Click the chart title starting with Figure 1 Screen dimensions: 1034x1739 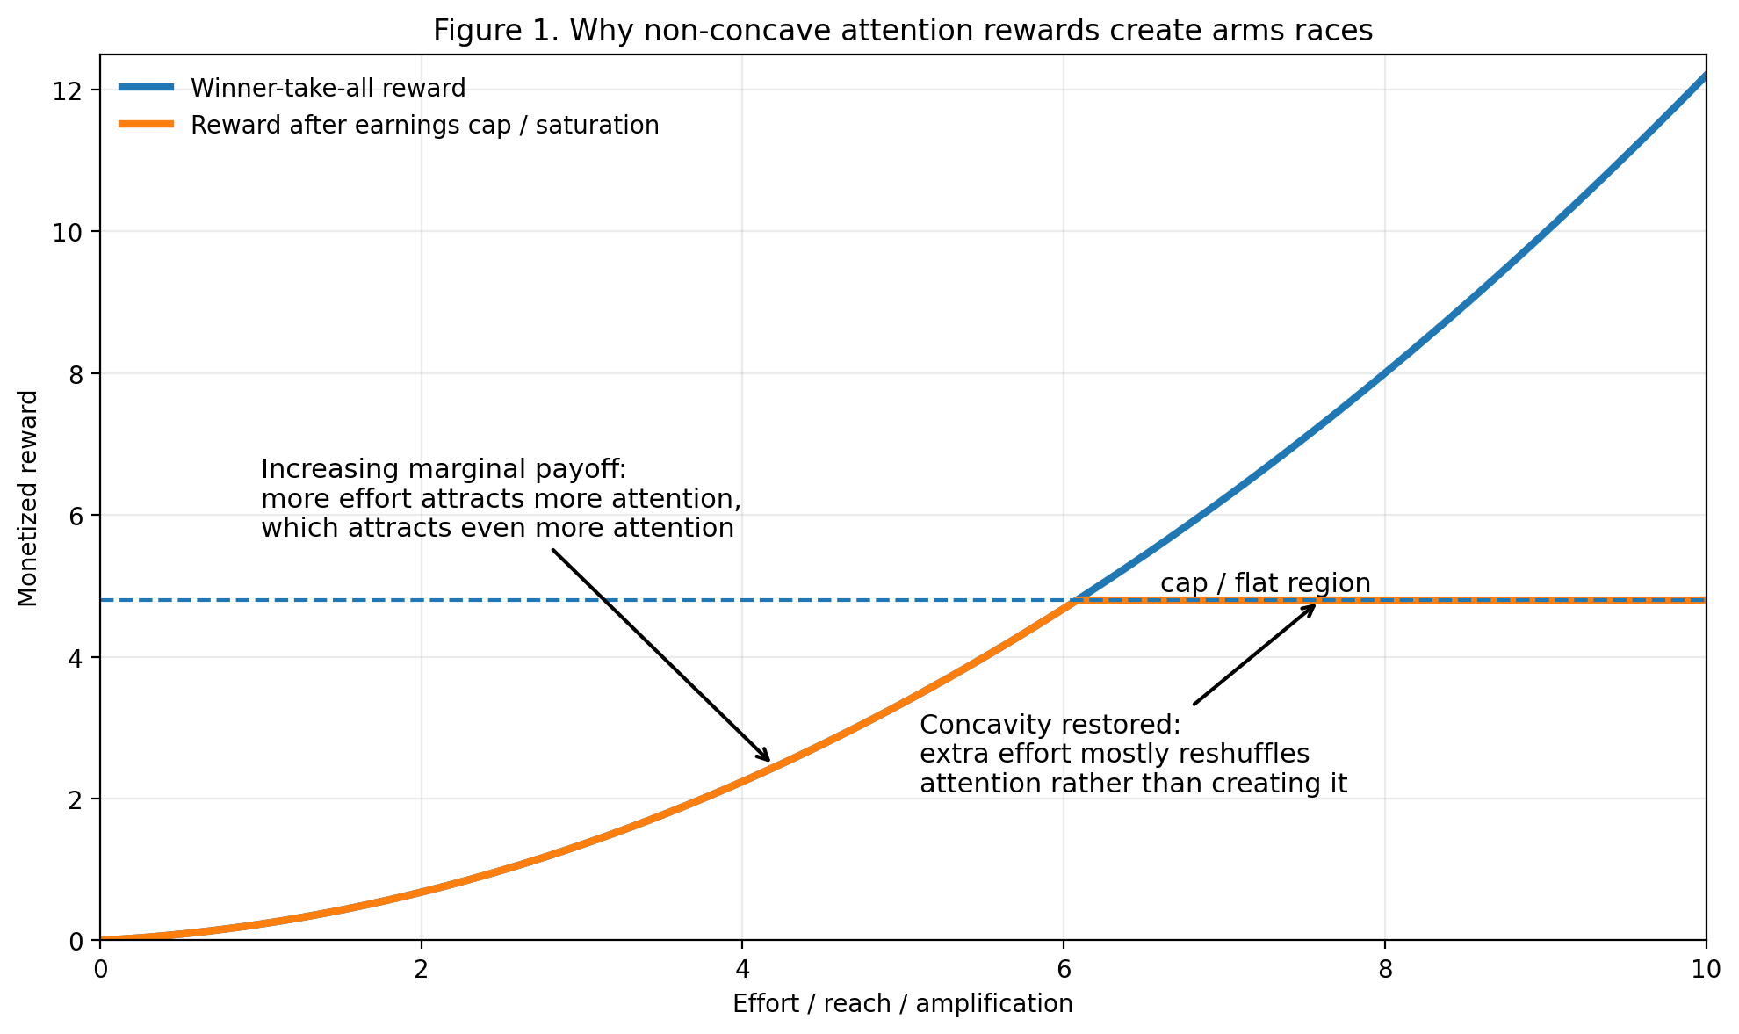[902, 31]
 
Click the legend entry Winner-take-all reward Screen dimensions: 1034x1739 [328, 89]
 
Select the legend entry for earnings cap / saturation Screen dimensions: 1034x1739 [424, 126]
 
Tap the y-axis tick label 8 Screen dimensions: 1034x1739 [76, 374]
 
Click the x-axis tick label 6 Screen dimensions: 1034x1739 [1064, 969]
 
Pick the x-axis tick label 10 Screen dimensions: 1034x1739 [1706, 969]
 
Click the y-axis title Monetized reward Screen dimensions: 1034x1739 [28, 498]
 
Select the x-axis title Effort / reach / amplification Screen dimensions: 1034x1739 [902, 1003]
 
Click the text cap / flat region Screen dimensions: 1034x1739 [1265, 583]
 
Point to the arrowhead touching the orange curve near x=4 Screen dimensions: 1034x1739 [767, 758]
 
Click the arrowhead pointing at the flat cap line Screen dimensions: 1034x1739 [1312, 607]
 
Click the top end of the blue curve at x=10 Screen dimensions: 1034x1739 [1704, 76]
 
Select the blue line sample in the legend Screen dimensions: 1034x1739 [147, 88]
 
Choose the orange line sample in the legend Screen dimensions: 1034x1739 [147, 125]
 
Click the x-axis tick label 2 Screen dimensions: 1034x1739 [422, 969]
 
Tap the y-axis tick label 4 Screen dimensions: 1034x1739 [76, 658]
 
